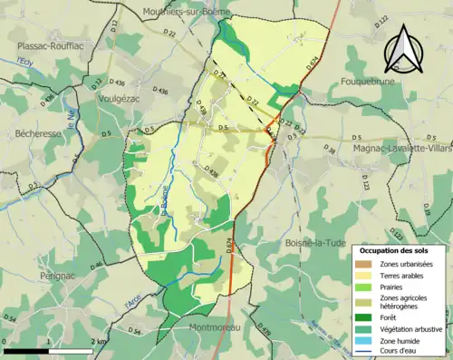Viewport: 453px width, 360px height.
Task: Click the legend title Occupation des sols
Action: pos(400,250)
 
